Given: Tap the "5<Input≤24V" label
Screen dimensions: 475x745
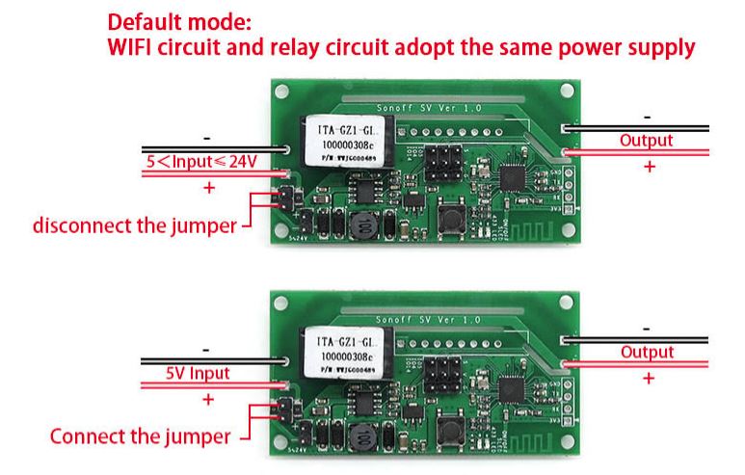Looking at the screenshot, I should click(x=201, y=162).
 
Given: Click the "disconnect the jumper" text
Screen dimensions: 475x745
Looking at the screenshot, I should click(x=134, y=226).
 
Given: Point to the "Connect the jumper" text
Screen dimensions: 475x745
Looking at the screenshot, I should click(x=140, y=436).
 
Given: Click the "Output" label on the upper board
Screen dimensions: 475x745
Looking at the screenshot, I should click(x=646, y=141).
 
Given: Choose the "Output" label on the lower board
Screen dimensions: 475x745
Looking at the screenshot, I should click(x=647, y=352).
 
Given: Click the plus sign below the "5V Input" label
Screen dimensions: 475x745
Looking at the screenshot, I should click(x=207, y=399).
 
